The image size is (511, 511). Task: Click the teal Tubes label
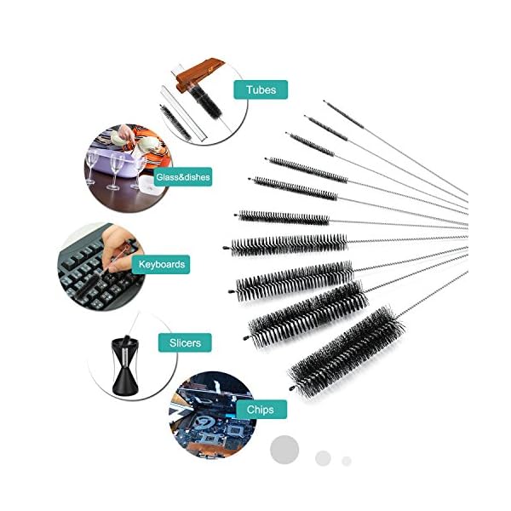pyautogui.click(x=261, y=89)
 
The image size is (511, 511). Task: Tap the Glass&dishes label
pyautogui.click(x=183, y=177)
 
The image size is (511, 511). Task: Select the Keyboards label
pyautogui.click(x=161, y=264)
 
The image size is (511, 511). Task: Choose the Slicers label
pyautogui.click(x=185, y=343)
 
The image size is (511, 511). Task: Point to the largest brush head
pyautogui.click(x=347, y=353)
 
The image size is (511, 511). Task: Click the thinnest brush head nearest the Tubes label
pyautogui.click(x=344, y=115)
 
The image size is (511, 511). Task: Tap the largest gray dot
pyautogui.click(x=284, y=450)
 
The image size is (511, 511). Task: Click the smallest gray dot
pyautogui.click(x=347, y=461)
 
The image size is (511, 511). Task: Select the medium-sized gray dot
pyautogui.click(x=323, y=458)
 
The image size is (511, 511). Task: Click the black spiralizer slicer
pyautogui.click(x=125, y=365)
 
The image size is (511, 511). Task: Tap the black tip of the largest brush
pyautogui.click(x=291, y=388)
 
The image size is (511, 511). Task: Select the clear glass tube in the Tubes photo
pyautogui.click(x=183, y=113)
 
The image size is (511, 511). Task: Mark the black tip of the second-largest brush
pyautogui.click(x=246, y=337)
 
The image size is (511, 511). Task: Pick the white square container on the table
pyautogui.click(x=150, y=187)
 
